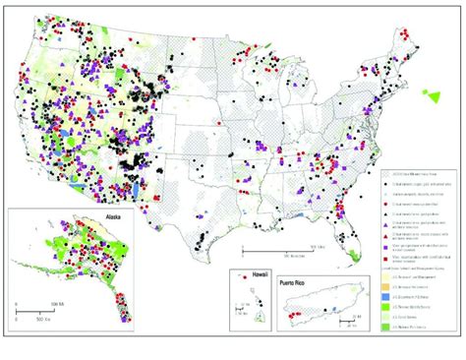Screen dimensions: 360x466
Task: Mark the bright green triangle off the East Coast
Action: click(x=431, y=95)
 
